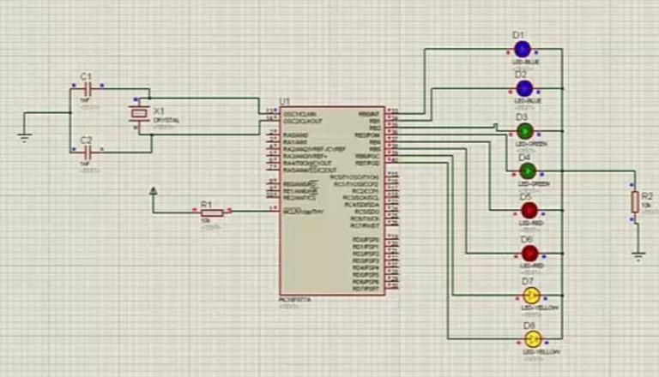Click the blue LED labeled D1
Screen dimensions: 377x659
[x=523, y=49]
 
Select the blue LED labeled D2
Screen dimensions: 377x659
[x=524, y=88]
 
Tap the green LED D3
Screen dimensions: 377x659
[x=525, y=130]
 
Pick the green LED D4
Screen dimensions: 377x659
[x=527, y=171]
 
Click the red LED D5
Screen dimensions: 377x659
[x=529, y=210]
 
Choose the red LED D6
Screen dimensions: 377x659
[x=529, y=254]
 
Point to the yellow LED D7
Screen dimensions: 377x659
[x=531, y=296]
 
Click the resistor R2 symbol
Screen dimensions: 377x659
[x=635, y=201]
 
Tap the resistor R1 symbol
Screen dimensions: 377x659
[x=211, y=212]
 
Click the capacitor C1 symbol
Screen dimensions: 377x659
[x=86, y=89]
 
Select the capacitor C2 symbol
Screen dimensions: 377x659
[x=86, y=153]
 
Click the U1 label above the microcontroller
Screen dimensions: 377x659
[x=285, y=102]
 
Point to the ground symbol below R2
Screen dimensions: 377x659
[x=638, y=254]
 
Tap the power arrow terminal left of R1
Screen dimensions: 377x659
[x=154, y=191]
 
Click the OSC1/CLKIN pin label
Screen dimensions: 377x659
[x=300, y=113]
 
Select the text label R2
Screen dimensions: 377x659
[x=648, y=196]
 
